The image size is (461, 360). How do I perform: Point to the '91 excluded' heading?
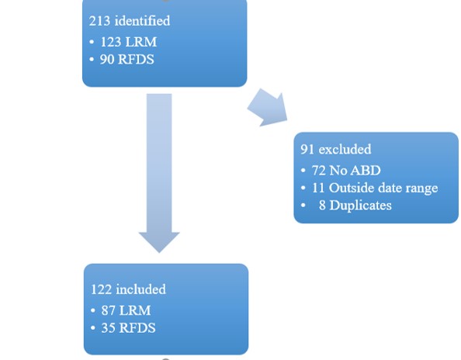336,149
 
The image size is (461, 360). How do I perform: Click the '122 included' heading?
128,289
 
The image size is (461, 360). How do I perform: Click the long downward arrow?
159,171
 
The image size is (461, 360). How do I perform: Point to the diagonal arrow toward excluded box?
267,109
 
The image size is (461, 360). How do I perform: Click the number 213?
99,20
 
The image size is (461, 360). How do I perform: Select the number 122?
102,289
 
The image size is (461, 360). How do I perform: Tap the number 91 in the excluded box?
307,149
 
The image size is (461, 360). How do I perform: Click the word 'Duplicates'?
361,206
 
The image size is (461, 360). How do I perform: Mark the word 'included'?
140,289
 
